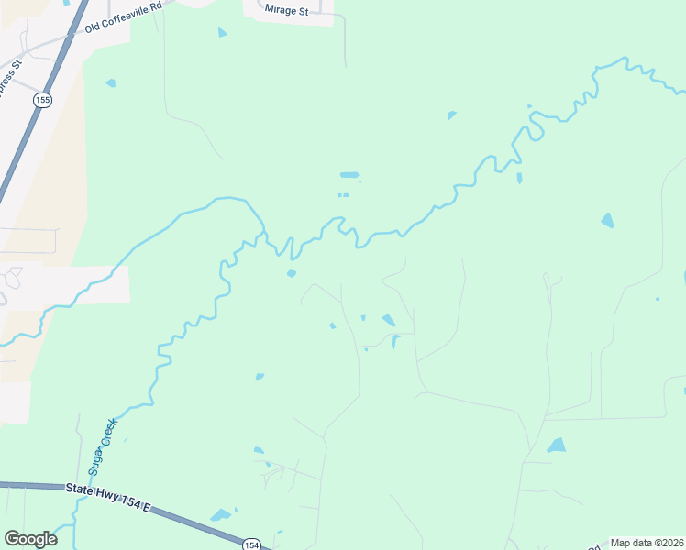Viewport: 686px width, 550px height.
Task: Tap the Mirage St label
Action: [286, 10]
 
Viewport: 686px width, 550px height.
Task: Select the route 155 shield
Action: [41, 99]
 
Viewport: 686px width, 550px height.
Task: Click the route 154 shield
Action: [251, 544]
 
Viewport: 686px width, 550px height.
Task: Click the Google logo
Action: [30, 538]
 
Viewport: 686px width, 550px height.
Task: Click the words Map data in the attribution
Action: [630, 543]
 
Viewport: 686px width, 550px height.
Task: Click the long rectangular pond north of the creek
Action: [349, 174]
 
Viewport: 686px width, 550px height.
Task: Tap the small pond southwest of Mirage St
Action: [222, 33]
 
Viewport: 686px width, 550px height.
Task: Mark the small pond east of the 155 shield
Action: [111, 83]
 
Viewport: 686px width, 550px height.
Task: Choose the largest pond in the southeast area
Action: [557, 445]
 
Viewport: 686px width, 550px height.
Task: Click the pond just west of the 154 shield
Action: [221, 515]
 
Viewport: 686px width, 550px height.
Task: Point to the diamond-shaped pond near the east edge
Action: [607, 220]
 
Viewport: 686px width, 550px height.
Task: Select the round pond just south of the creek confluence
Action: [292, 272]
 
